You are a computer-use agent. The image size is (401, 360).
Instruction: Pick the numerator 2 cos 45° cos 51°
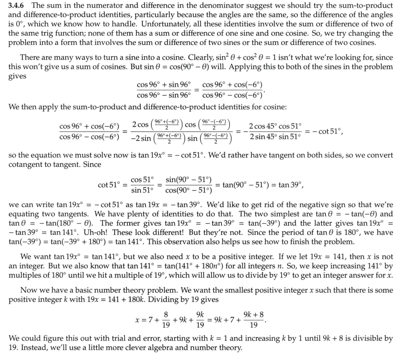(275, 126)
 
